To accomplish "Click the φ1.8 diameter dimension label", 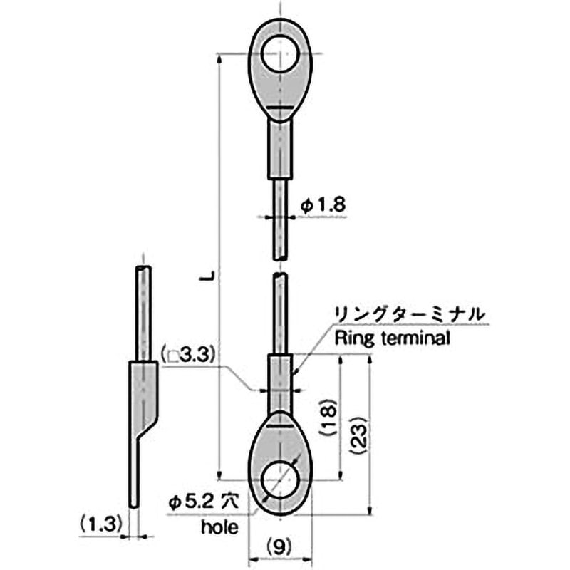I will point(323,204).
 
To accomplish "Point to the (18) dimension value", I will point(329,419).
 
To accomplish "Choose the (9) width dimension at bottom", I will point(280,546).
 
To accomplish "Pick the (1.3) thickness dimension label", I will point(99,524).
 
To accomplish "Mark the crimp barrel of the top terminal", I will point(280,150).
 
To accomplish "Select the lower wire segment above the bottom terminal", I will point(280,313).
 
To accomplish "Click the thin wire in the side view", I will point(143,313).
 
